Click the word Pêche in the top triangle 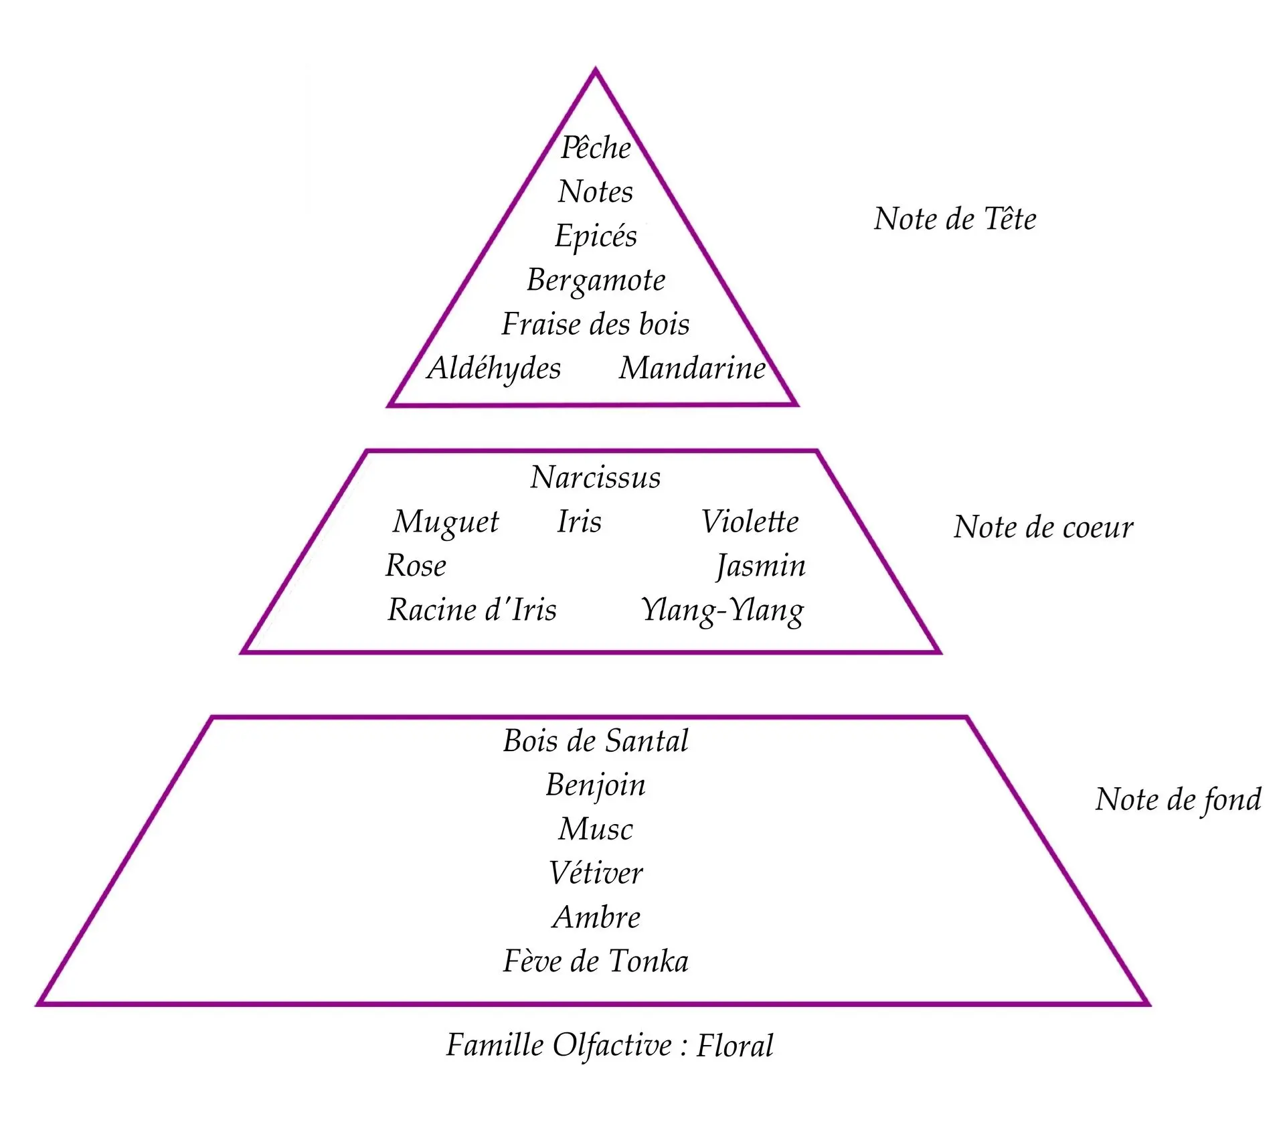[596, 147]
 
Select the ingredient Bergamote [596, 281]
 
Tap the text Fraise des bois [596, 324]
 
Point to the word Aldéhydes [494, 369]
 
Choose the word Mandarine [692, 368]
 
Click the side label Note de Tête [955, 219]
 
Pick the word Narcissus [596, 477]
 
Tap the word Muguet [446, 523]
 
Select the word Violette [750, 522]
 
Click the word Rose [416, 566]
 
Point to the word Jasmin [761, 567]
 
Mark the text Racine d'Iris [472, 610]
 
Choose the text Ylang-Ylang [723, 611]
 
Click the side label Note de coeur [1043, 528]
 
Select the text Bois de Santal [596, 741]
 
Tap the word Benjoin [596, 786]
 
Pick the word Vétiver [596, 873]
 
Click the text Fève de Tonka [596, 961]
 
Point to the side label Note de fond [1178, 801]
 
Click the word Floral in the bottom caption [735, 1046]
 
